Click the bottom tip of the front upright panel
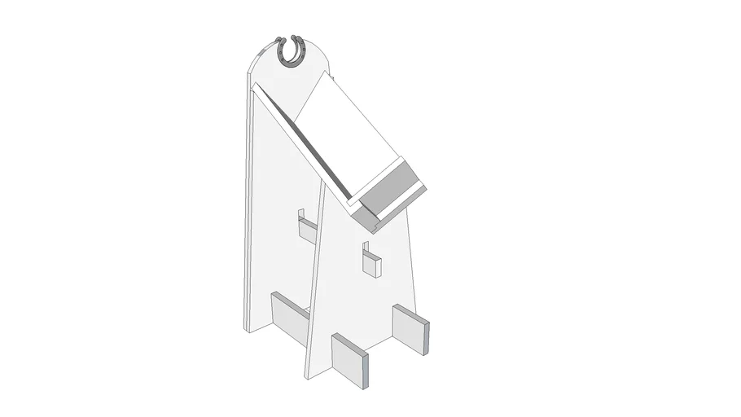click(x=306, y=373)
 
